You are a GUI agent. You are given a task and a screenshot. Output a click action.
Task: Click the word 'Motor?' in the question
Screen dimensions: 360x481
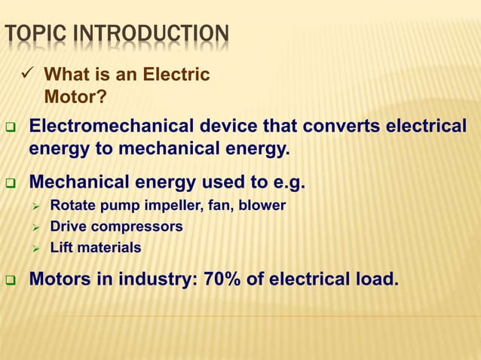pos(75,96)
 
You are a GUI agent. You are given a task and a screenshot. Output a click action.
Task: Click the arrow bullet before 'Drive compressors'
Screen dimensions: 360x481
pos(35,227)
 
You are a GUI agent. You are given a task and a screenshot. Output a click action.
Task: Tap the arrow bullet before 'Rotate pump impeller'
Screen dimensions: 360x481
pos(35,206)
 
